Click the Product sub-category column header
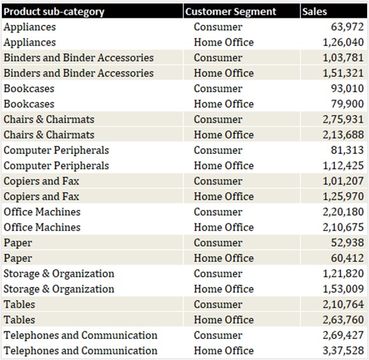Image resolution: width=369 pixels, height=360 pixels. click(x=54, y=11)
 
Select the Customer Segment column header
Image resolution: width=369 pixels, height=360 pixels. click(x=230, y=11)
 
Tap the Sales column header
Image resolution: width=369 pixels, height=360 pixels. click(x=315, y=11)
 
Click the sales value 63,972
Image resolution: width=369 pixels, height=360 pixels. click(x=347, y=27)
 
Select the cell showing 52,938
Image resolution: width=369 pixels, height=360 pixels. click(x=347, y=243)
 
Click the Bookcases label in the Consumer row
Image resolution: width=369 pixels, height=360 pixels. click(x=29, y=88)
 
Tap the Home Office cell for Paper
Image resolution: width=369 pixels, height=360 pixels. click(x=223, y=258)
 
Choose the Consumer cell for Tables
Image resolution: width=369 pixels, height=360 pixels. click(x=218, y=305)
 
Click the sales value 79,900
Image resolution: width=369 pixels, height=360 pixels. click(x=347, y=104)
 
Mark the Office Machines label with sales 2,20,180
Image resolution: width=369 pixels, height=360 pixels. click(x=42, y=212)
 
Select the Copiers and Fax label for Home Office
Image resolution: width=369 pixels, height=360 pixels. click(x=41, y=197)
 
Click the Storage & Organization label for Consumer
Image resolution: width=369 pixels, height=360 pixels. click(x=59, y=273)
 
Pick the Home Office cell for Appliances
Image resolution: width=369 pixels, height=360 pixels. click(x=223, y=43)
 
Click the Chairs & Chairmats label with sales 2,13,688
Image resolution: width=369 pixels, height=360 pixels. click(x=49, y=135)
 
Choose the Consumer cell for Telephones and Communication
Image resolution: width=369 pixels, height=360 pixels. click(x=218, y=335)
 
